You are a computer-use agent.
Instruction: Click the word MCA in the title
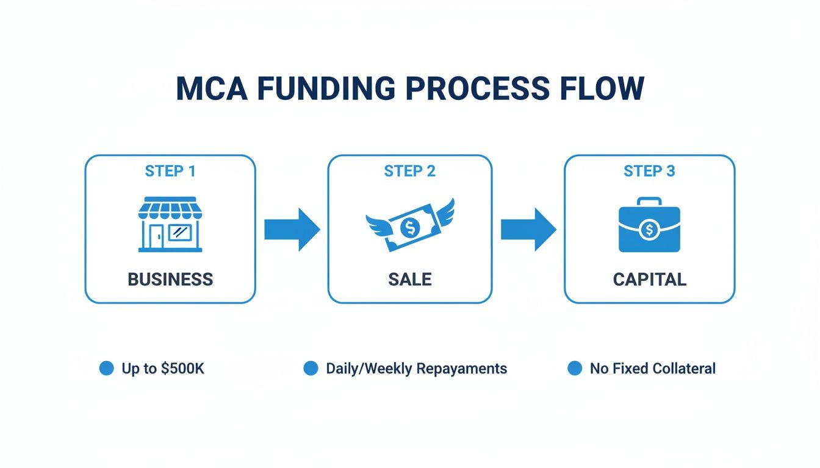coord(210,89)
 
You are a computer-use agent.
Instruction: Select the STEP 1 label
coord(170,171)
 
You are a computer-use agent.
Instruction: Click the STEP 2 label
coord(410,171)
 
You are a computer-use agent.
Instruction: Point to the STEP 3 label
coord(649,171)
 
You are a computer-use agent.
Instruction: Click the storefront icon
coord(170,224)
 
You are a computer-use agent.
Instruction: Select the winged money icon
coord(410,225)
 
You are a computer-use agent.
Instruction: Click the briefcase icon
coord(649,226)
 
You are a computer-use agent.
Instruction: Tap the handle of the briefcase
coord(649,202)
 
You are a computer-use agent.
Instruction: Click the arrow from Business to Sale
coord(292,229)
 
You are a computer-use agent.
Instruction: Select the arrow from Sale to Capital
coord(528,229)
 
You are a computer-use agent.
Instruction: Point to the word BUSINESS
coord(170,280)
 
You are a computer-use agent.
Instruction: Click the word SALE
coord(410,280)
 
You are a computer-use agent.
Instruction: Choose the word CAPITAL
coord(649,280)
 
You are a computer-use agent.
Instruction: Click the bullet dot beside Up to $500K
coord(107,368)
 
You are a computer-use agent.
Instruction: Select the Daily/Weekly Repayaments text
coord(416,369)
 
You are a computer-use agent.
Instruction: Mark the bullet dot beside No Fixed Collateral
coord(575,368)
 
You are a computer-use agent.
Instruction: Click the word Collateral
coord(684,369)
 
